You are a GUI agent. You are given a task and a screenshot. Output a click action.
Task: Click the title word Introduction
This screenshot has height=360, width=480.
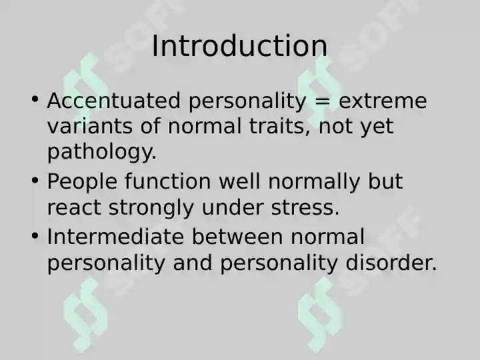240,46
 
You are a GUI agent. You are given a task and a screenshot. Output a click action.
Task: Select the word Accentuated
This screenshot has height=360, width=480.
113,101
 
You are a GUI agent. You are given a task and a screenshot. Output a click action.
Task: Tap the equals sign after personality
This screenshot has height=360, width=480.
323,101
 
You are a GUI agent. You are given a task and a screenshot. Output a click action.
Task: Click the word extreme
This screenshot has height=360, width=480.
383,101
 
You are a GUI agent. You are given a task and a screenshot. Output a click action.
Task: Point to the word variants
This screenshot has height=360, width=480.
90,126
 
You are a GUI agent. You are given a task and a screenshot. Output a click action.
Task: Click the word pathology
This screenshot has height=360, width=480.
102,152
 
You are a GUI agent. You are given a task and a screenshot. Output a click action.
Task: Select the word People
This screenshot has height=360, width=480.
82,181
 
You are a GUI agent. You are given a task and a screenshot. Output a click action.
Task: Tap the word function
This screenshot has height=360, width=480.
168,181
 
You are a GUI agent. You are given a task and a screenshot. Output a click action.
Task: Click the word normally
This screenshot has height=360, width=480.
314,182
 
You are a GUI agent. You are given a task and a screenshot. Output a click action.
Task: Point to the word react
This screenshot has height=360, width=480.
74,207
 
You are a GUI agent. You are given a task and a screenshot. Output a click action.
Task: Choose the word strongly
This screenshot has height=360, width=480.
151,208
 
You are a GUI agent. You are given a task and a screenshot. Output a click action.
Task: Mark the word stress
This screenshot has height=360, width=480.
305,207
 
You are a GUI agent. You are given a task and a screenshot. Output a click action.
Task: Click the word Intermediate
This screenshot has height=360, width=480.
116,237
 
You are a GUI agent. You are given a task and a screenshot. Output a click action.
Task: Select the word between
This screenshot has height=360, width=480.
237,237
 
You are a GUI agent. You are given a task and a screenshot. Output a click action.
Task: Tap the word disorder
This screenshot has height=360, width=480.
391,263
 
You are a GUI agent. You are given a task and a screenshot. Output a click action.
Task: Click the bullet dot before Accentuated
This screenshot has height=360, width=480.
35,99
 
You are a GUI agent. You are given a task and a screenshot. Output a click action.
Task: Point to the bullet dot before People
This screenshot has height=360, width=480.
35,180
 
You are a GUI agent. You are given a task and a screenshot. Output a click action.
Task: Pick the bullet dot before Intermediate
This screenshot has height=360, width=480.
35,236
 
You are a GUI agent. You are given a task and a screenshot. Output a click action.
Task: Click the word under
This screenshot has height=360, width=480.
233,207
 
